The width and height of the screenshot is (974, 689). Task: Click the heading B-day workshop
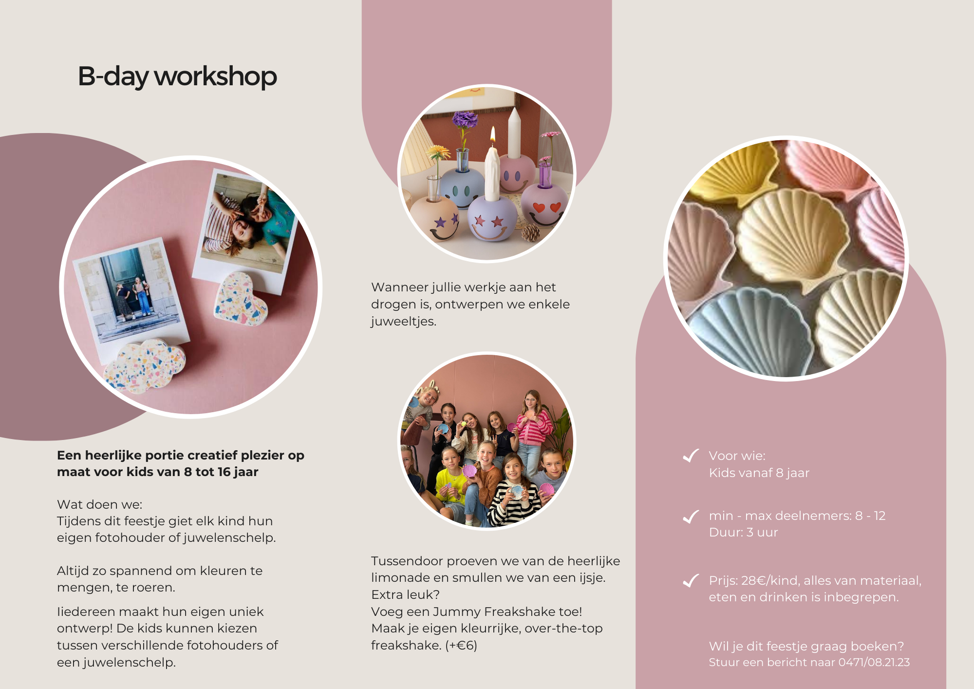(177, 77)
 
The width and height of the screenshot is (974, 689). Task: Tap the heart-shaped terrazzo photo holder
(240, 299)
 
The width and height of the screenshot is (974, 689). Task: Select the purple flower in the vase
(465, 119)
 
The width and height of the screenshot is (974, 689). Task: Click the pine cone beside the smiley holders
(530, 233)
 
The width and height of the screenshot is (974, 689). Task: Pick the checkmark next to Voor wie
(691, 456)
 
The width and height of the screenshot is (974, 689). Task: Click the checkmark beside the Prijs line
(691, 580)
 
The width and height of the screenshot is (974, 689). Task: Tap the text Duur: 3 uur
(743, 532)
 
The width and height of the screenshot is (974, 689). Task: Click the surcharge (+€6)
(461, 645)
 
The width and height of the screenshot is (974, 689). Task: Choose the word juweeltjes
(404, 322)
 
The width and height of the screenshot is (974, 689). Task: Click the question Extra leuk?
(406, 594)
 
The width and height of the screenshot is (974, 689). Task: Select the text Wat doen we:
(100, 504)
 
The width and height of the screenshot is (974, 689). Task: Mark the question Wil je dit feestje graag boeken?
(806, 646)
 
